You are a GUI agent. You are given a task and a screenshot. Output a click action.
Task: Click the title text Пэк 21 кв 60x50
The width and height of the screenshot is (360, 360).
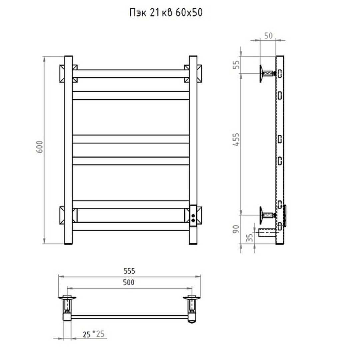[x=166, y=13]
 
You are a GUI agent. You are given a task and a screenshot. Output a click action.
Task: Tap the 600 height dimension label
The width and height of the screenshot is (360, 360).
[x=40, y=147]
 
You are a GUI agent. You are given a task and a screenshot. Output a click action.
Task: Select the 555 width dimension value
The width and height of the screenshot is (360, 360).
[x=129, y=271]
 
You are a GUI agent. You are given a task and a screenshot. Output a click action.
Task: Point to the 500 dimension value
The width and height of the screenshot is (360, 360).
[x=129, y=282]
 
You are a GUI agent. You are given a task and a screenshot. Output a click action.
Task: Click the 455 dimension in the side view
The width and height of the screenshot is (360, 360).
[x=236, y=140]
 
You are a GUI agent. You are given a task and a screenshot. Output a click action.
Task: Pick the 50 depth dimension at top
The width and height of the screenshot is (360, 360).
[x=268, y=36]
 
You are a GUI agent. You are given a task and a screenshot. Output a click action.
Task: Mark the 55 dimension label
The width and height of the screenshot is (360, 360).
[x=236, y=65]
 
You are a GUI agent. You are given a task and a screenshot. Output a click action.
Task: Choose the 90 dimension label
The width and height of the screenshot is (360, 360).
[x=236, y=229]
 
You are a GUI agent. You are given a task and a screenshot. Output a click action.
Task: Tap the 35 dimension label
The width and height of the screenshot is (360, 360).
[x=249, y=237]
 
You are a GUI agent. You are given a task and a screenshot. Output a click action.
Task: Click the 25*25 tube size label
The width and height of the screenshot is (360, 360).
[x=94, y=334]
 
